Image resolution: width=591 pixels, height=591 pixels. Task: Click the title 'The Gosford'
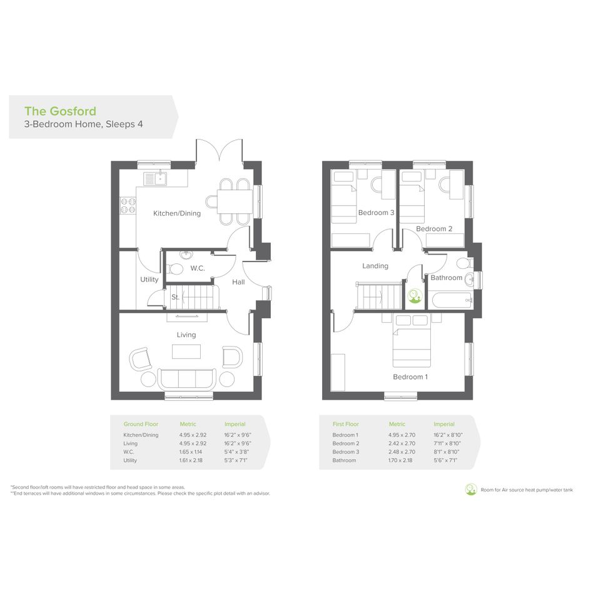pos(60,111)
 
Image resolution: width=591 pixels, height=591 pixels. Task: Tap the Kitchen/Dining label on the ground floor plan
pos(177,213)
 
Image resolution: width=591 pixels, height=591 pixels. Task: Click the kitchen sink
pos(155,178)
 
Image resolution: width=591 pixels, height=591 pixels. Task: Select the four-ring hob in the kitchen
pos(128,205)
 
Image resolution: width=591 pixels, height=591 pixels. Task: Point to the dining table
pos(235,201)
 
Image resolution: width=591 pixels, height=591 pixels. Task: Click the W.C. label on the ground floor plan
pos(198,268)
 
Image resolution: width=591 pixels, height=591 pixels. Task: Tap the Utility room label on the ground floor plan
pos(149,280)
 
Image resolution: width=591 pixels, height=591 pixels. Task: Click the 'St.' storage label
pos(175,297)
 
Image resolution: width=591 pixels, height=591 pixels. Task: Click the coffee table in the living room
pos(186,351)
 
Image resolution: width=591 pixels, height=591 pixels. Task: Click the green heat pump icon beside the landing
pos(415,296)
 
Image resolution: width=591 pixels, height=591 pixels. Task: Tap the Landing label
pos(375,266)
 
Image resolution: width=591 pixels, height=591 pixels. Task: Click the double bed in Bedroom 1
pos(412,340)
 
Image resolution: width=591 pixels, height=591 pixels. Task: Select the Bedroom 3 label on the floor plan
pos(376,213)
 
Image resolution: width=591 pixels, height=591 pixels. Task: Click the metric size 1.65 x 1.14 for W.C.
pos(191,452)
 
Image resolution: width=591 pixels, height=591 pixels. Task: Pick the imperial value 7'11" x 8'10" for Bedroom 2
pos(447,443)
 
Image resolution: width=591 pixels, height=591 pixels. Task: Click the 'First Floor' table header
pos(346,424)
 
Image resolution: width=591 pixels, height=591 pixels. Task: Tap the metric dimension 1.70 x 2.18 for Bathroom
pos(400,460)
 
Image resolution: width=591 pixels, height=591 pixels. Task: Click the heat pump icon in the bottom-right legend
pos(471,490)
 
